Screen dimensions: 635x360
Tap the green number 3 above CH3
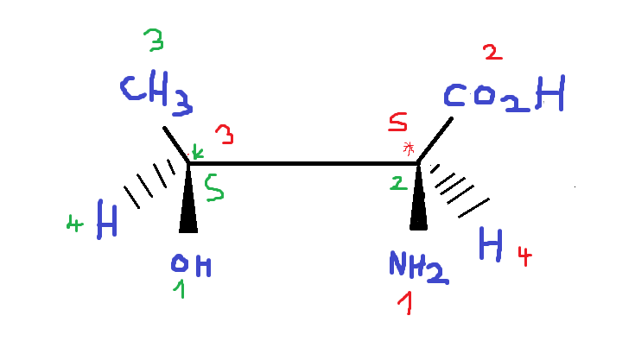click(154, 41)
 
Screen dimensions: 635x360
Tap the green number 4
click(75, 226)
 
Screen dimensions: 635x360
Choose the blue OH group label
click(190, 266)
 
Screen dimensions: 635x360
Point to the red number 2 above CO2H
click(492, 54)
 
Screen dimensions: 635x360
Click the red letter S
click(398, 125)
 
